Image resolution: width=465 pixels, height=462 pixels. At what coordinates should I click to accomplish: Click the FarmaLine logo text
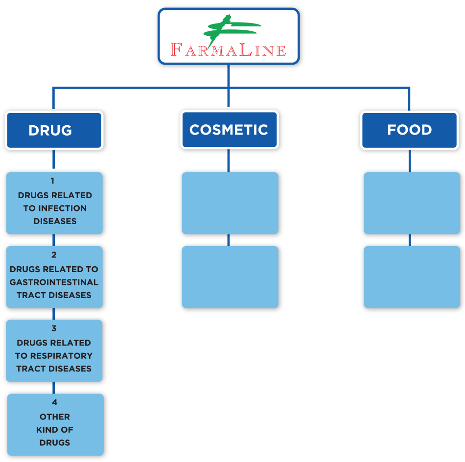tap(229, 50)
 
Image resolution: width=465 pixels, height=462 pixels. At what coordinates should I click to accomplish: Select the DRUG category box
tap(53, 130)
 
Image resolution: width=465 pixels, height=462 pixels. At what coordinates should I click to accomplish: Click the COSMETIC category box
tap(229, 130)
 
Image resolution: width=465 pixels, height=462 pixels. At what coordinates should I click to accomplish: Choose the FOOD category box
tap(409, 130)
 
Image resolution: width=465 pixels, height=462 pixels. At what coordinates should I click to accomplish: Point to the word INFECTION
tap(62, 208)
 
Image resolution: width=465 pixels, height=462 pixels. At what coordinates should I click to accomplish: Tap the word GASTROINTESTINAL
tap(54, 282)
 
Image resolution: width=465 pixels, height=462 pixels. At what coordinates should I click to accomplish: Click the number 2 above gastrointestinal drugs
tap(54, 255)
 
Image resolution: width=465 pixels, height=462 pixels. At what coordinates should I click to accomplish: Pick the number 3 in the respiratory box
tap(54, 329)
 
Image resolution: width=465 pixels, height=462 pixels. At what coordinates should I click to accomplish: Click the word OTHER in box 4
tap(55, 417)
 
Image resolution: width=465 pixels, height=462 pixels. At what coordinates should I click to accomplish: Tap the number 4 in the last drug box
tap(55, 402)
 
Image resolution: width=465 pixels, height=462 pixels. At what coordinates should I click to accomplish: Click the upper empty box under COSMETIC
tap(230, 203)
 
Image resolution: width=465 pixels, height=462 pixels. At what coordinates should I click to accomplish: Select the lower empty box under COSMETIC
tap(230, 277)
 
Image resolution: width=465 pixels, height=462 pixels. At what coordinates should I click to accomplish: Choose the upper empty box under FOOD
tap(412, 203)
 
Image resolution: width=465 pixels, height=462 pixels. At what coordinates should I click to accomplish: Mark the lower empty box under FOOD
tap(412, 277)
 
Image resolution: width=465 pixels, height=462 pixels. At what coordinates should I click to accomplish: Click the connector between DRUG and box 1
tap(53, 160)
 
